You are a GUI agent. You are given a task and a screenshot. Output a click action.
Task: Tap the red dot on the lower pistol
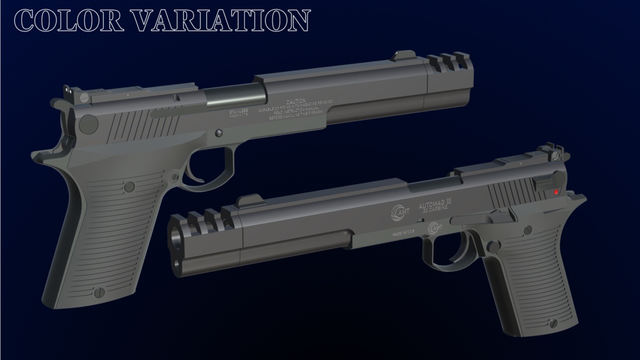tap(556, 192)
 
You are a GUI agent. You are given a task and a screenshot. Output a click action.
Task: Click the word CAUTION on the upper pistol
tap(296, 101)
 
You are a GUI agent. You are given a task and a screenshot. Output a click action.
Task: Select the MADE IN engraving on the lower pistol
tap(402, 233)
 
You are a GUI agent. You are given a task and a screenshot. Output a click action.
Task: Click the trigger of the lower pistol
tap(452, 255)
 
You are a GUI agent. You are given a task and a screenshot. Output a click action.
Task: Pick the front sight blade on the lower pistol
tap(248, 200)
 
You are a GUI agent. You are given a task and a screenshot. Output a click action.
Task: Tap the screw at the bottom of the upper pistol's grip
tap(97, 292)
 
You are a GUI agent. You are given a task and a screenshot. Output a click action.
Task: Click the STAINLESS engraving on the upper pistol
tap(239, 110)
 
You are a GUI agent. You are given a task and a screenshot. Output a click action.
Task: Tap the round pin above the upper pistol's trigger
tap(218, 133)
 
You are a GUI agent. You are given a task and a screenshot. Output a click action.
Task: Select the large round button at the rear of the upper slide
tap(88, 123)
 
